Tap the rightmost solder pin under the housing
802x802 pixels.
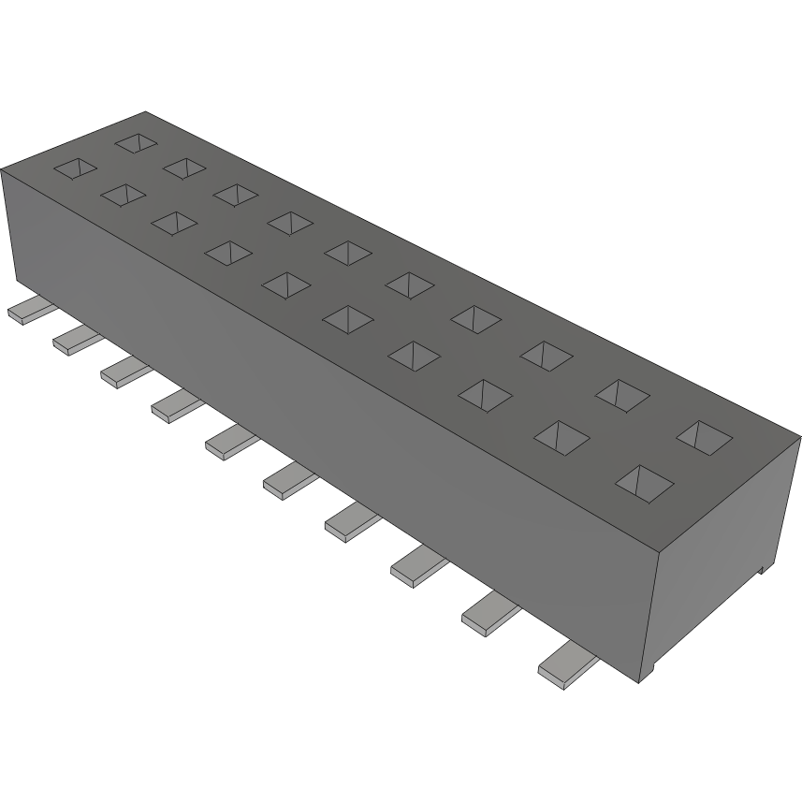tap(566, 665)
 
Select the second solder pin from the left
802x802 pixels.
tap(74, 341)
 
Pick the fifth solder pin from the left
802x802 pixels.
tap(230, 440)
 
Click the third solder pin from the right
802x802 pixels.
tap(417, 566)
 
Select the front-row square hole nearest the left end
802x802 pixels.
tap(75, 168)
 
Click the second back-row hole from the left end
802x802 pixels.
tap(184, 167)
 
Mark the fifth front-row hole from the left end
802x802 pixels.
tap(287, 284)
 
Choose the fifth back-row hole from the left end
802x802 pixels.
tap(348, 251)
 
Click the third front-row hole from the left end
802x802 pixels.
tap(174, 223)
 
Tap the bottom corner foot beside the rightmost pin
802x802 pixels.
tap(649, 670)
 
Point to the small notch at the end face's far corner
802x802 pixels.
tap(765, 566)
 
